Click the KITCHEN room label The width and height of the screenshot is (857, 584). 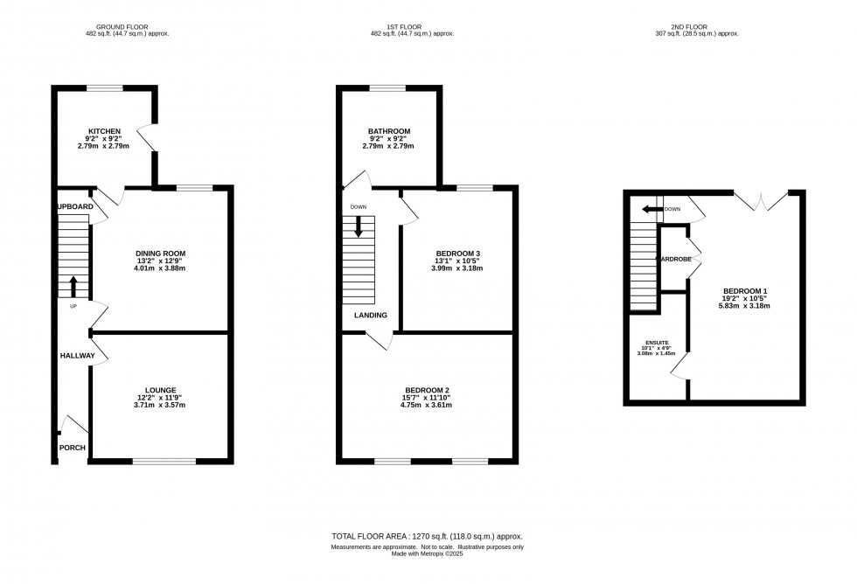104,131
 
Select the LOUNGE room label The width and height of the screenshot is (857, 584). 161,390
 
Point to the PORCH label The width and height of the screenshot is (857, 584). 72,448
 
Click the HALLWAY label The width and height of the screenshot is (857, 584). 76,357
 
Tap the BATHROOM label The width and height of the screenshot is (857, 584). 388,131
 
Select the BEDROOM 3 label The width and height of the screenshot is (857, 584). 459,254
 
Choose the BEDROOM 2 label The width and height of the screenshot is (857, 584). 427,390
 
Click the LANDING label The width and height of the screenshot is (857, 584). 372,316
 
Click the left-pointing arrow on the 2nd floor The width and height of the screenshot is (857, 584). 651,210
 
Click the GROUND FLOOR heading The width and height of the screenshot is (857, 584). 127,26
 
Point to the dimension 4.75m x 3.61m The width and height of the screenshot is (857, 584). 427,405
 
